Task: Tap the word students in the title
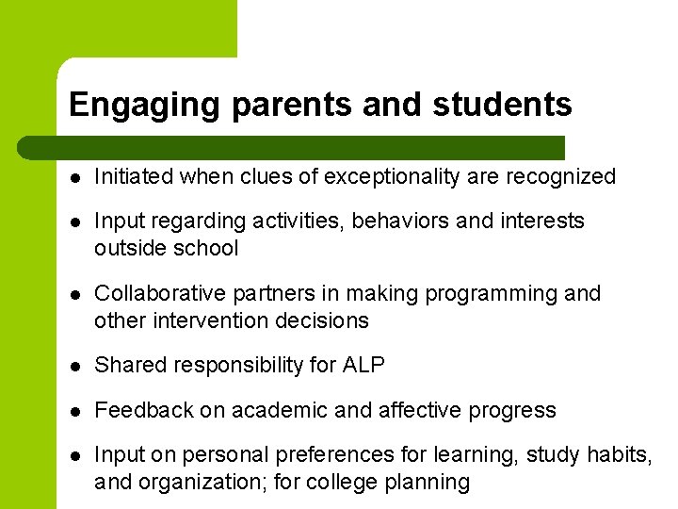pos(502,105)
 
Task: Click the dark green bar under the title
pos(292,148)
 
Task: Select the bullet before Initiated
pos(74,177)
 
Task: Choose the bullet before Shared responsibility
pos(74,366)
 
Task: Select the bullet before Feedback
pos(74,411)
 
